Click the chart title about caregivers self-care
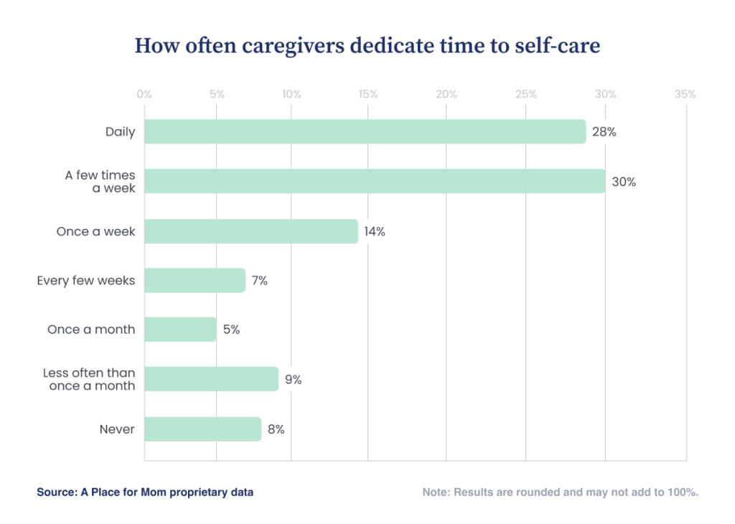tap(367, 45)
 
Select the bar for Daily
tap(365, 132)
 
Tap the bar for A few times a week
tap(375, 182)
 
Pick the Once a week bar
tap(251, 231)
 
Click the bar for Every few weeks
tap(195, 281)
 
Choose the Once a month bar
tap(180, 329)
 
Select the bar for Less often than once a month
tap(211, 379)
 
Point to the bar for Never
tap(202, 429)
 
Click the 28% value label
tap(604, 132)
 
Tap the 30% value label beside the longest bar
tap(624, 182)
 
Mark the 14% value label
tap(374, 232)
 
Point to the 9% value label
tap(293, 380)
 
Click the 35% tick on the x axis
tap(685, 94)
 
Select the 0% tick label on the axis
tap(144, 94)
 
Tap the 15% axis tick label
tap(367, 94)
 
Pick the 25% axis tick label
tap(525, 94)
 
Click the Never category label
tap(117, 429)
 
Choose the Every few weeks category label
tap(86, 281)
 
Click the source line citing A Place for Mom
tap(145, 492)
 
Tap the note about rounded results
tap(561, 492)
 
